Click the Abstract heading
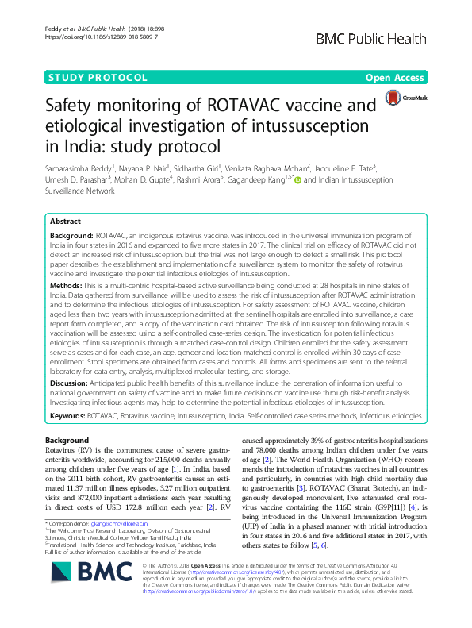tap(66, 222)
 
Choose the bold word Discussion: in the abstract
tap(70, 383)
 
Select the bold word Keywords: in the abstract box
tap(69, 414)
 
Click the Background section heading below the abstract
tap(67, 440)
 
